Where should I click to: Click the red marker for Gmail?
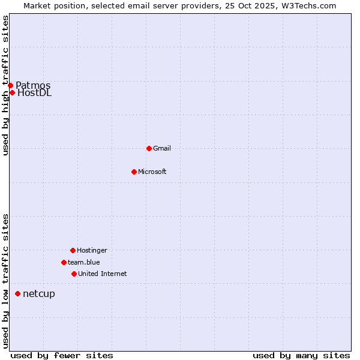pos(149,148)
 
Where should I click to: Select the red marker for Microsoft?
pos(134,172)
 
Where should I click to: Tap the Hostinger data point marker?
pos(73,250)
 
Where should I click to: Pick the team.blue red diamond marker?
pos(64,262)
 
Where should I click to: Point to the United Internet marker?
pos(74,274)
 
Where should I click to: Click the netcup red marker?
pos(17,293)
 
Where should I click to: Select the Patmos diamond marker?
pos(10,85)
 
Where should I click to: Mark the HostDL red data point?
pos(12,92)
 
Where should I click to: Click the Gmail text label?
pos(162,148)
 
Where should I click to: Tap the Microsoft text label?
pos(152,172)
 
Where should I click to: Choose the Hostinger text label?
pos(92,250)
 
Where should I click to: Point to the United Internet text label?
pos(102,274)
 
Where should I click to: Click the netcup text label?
pos(39,293)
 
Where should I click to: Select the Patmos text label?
pos(33,85)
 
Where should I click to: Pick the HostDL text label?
pos(35,92)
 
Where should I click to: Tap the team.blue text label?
pos(84,262)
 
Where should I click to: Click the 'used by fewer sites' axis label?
pos(62,355)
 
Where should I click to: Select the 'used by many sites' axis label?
pos(301,355)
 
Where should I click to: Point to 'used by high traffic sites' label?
pos(5,85)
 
